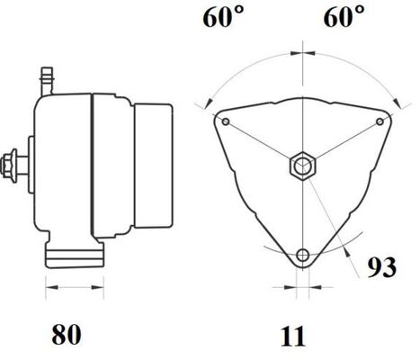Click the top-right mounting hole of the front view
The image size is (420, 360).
pyautogui.click(x=380, y=121)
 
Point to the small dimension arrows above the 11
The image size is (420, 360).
pyautogui.click(x=303, y=289)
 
